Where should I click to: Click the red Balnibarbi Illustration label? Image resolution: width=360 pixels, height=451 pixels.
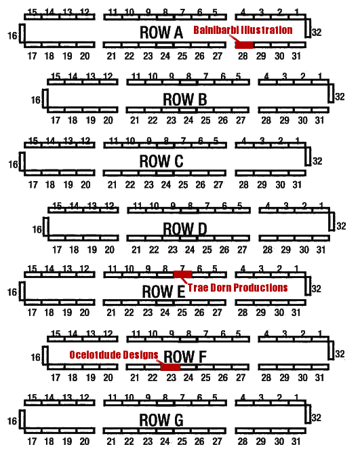click(x=243, y=30)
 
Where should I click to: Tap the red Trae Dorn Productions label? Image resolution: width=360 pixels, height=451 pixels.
click(x=237, y=288)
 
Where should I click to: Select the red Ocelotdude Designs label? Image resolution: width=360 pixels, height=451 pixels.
click(x=114, y=355)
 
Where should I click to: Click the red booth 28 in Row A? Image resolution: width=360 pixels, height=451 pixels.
click(x=244, y=45)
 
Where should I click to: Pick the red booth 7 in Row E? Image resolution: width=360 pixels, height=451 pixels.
click(x=182, y=275)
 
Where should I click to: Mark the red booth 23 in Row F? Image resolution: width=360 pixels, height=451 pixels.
click(x=171, y=367)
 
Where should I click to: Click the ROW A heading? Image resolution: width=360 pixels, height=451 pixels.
click(x=161, y=33)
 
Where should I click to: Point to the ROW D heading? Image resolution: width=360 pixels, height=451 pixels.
click(x=185, y=229)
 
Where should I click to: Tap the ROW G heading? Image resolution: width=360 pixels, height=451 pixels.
click(x=161, y=420)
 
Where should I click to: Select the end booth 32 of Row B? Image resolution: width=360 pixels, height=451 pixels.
click(x=331, y=93)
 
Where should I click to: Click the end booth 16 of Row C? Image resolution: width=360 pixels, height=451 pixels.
click(x=22, y=161)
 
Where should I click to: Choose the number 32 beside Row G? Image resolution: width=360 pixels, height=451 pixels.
click(x=317, y=418)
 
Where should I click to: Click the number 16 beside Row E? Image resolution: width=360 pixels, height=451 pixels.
click(x=12, y=292)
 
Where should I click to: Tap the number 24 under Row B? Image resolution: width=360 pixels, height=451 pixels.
click(x=188, y=120)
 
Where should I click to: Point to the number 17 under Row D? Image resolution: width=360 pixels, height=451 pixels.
click(x=57, y=250)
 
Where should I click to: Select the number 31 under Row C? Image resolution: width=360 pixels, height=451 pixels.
click(x=297, y=184)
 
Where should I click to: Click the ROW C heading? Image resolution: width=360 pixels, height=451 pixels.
click(x=161, y=161)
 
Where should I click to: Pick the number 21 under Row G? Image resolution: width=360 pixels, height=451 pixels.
click(x=111, y=442)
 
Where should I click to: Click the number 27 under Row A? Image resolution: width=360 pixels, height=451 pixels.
click(x=218, y=56)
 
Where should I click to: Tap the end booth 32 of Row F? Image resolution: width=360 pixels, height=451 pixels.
click(x=331, y=351)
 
